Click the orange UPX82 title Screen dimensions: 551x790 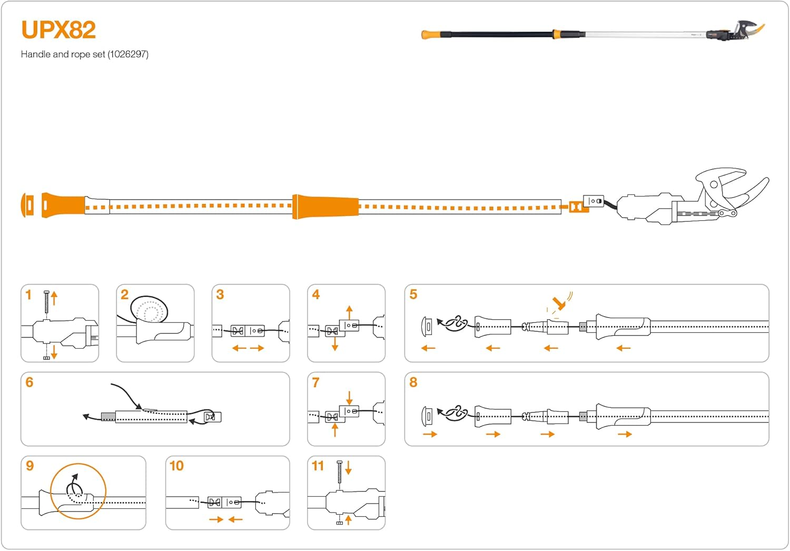(58, 30)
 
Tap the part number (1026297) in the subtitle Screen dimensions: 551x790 (128, 54)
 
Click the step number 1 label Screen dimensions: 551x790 (28, 295)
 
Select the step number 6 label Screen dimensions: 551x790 (29, 382)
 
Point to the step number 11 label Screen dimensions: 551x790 (318, 466)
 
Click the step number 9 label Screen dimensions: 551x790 (29, 466)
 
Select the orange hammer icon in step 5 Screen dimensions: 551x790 (559, 303)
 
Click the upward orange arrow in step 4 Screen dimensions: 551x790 (349, 311)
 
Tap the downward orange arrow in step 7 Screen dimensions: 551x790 (349, 397)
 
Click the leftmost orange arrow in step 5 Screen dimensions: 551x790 (428, 348)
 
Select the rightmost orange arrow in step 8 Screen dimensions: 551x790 (625, 435)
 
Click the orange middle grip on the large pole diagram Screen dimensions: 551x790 (325, 206)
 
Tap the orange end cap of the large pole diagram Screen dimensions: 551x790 (27, 205)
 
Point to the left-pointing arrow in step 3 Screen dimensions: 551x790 (239, 348)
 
